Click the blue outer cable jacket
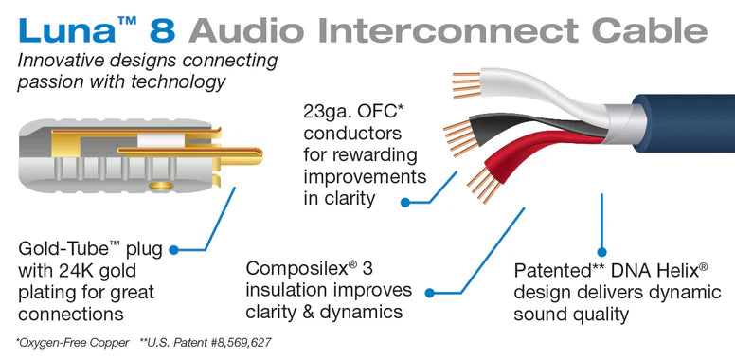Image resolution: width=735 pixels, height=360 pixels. coord(682,142)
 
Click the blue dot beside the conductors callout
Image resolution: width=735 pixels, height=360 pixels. coord(404,201)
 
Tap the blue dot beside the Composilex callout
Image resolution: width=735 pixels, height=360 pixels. coord(430,295)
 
